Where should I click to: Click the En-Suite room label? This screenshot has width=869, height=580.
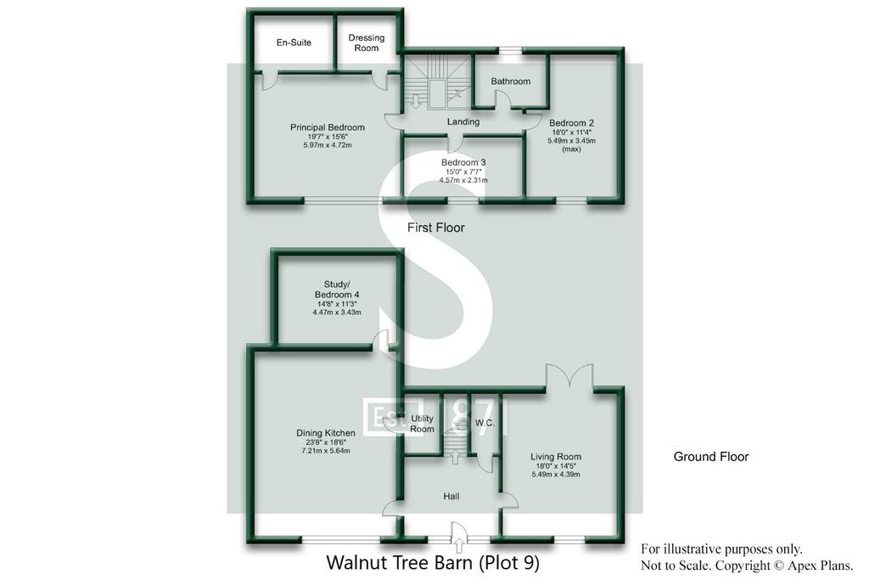[x=294, y=42]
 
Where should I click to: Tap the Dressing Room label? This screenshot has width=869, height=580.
[x=367, y=42]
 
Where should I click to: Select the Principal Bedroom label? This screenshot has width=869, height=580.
[x=328, y=127]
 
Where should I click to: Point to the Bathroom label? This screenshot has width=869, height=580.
[x=510, y=82]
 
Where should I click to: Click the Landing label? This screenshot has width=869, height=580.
[x=463, y=122]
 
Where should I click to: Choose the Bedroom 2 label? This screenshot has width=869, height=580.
[x=571, y=123]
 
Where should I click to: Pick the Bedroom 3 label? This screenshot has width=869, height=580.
[x=463, y=162]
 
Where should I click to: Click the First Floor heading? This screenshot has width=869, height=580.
[x=435, y=228]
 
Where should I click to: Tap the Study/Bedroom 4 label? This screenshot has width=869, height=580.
[x=337, y=290]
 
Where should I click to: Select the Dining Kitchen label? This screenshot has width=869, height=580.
[x=326, y=433]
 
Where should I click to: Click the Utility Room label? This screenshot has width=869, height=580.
[x=422, y=424]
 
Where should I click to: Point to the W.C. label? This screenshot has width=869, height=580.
[x=485, y=423]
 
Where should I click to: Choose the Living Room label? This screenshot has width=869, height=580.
[x=556, y=457]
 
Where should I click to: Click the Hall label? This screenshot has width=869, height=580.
[x=451, y=497]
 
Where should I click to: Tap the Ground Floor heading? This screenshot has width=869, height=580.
[x=711, y=457]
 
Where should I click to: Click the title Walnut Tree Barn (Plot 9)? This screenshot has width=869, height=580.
[x=433, y=563]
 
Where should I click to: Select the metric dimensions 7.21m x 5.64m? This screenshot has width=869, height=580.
[x=326, y=451]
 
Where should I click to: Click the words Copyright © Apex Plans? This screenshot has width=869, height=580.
[x=784, y=566]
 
